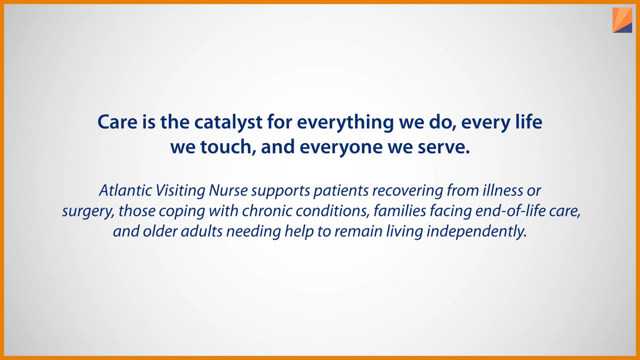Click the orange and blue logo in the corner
point(622,20)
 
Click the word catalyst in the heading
point(228,122)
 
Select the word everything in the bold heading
point(345,122)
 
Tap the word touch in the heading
point(225,147)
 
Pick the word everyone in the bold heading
point(341,147)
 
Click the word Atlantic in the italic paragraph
point(125,190)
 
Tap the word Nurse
point(228,190)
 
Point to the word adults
point(201,231)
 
